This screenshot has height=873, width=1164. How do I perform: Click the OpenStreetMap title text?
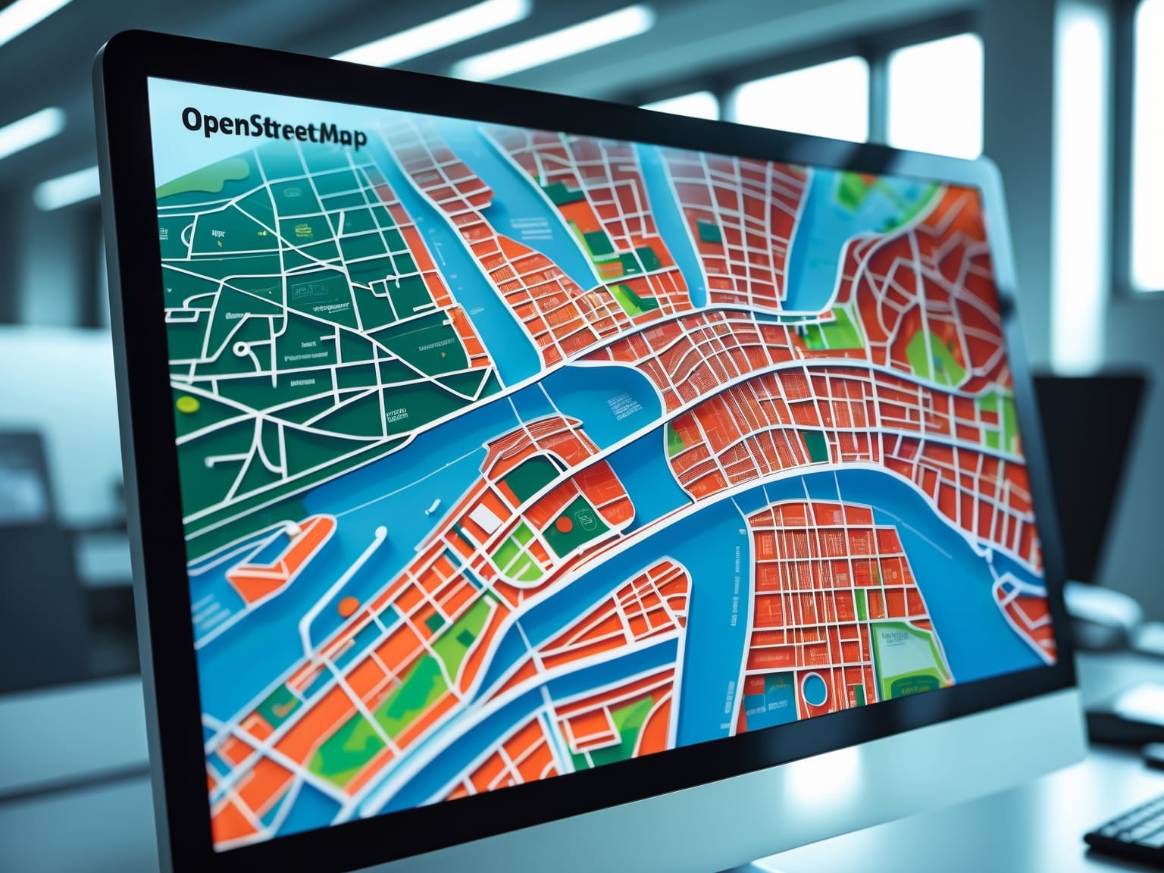pos(274,128)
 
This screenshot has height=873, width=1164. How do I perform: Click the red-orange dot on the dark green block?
pos(562,524)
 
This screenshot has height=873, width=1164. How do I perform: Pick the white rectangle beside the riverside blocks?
pos(482,518)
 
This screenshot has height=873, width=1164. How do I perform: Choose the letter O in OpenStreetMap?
pos(192,120)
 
